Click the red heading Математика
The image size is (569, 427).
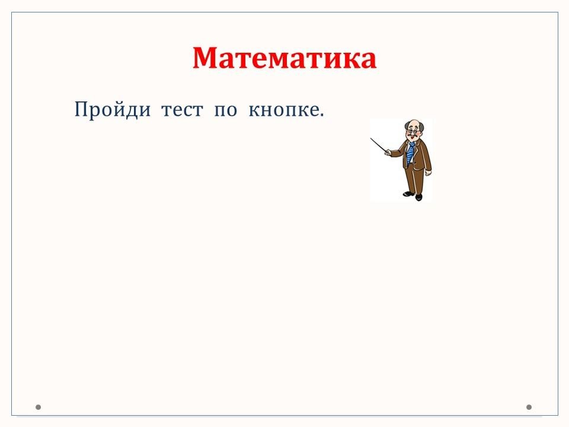pyautogui.click(x=284, y=58)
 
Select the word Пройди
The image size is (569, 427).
pyautogui.click(x=113, y=110)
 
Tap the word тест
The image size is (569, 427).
pyautogui.click(x=182, y=110)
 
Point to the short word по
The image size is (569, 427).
pyautogui.click(x=226, y=110)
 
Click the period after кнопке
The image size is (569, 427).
pyautogui.click(x=321, y=115)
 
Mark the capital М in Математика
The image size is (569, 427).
pyautogui.click(x=206, y=58)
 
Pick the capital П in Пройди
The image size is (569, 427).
pyautogui.click(x=81, y=109)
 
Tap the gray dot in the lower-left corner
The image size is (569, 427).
pyautogui.click(x=38, y=407)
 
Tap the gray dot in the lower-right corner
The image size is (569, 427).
pyautogui.click(x=529, y=407)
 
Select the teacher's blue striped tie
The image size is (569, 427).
pyautogui.click(x=410, y=153)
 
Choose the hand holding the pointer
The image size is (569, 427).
pyautogui.click(x=387, y=152)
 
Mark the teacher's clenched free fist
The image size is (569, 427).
pyautogui.click(x=429, y=173)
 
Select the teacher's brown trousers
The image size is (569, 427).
pyautogui.click(x=415, y=180)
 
